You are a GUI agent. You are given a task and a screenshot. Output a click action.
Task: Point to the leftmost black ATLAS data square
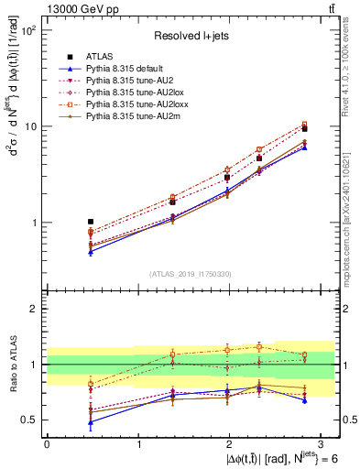click(90, 222)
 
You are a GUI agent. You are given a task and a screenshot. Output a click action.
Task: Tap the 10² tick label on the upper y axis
click(28, 30)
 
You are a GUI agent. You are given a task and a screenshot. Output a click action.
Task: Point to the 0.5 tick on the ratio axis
click(29, 420)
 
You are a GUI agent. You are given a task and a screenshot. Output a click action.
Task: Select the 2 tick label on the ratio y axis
click(35, 310)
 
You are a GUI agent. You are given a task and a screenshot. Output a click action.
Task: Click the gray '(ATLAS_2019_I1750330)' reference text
click(191, 274)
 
